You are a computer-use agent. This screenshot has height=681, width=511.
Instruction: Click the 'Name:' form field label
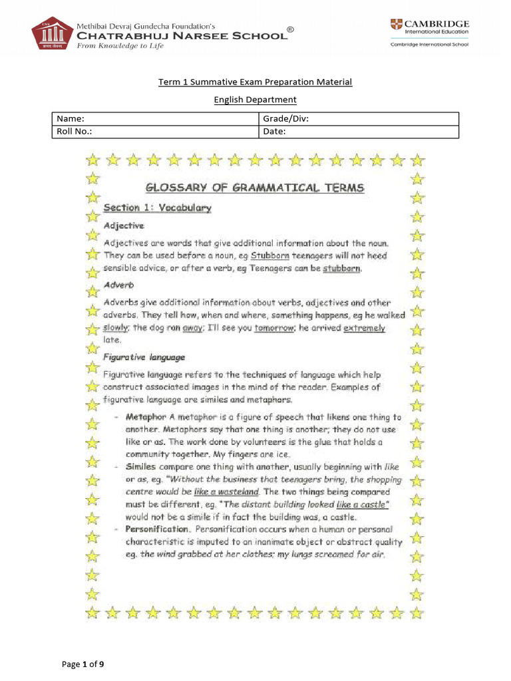click(x=70, y=118)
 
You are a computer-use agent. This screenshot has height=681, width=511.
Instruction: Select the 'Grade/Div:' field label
click(x=285, y=118)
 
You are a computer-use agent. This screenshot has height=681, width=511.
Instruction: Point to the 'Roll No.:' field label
click(x=74, y=131)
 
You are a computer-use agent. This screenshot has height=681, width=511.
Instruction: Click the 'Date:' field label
click(x=274, y=131)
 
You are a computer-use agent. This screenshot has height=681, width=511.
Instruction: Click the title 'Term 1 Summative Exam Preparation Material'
click(x=255, y=82)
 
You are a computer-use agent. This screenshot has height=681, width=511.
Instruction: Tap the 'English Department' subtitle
click(x=255, y=100)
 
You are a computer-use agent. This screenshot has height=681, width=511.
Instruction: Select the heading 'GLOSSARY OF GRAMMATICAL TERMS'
click(x=255, y=188)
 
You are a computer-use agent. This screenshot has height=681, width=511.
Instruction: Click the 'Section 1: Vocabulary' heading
click(x=157, y=208)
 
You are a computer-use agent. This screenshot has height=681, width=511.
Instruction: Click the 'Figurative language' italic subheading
click(x=144, y=357)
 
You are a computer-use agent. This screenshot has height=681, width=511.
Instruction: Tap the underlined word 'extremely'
click(x=364, y=328)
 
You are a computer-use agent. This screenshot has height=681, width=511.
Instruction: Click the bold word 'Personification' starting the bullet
click(x=157, y=529)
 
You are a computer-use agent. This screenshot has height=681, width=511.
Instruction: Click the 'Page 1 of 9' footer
click(x=83, y=664)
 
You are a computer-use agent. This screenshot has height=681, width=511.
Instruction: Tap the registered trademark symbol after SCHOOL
click(x=290, y=29)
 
